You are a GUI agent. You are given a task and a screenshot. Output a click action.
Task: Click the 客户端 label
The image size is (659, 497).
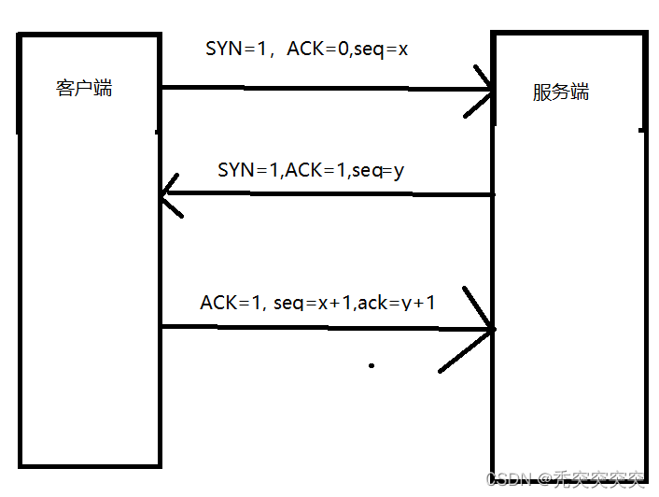point(84,89)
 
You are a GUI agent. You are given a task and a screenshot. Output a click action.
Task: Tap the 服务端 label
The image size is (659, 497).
point(561,92)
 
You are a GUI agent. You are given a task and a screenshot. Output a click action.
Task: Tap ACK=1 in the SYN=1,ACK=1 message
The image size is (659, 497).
point(315,170)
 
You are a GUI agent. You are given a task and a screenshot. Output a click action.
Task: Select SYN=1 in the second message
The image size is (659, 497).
point(248,170)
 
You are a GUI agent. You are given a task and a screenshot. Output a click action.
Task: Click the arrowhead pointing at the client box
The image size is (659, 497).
point(167,196)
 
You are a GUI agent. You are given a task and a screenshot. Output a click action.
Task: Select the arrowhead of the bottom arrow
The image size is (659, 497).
point(487,329)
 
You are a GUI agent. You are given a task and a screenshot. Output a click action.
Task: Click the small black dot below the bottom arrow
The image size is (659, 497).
point(372,365)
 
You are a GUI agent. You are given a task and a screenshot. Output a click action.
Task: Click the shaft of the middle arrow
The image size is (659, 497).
point(327,194)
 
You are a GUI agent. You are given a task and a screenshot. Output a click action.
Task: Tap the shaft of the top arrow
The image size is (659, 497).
point(327,90)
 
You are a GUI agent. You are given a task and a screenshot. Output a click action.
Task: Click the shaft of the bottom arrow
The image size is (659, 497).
point(327,327)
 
